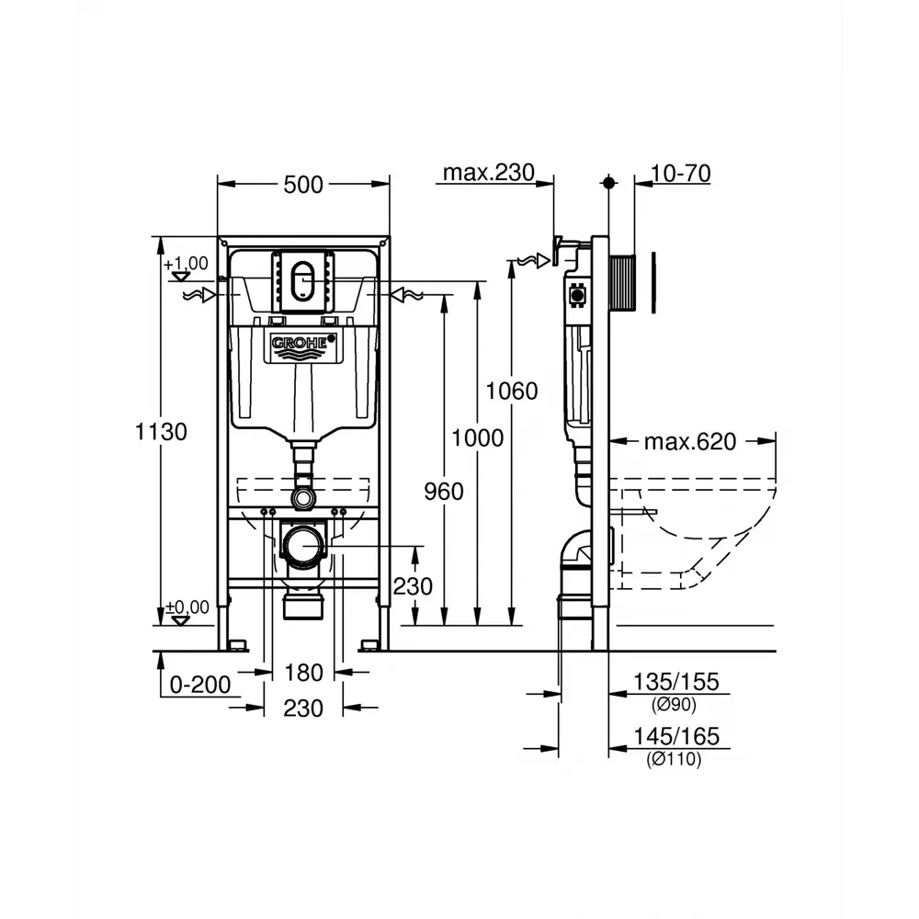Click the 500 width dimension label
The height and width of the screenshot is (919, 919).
pos(303,185)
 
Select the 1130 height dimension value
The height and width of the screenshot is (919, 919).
pos(161,432)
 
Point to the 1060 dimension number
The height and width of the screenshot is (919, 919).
pos(512,391)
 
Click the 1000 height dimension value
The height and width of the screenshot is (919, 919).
pos(477,437)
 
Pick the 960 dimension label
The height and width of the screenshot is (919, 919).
pos(444,492)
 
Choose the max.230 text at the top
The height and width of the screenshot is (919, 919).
pos(488,173)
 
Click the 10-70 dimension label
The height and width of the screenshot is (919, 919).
pos(680,174)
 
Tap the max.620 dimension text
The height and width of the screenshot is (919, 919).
pos(690,442)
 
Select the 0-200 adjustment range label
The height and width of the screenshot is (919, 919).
pos(200,685)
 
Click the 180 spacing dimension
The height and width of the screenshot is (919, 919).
pos(303,673)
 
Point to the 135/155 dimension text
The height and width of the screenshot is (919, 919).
pos(675,682)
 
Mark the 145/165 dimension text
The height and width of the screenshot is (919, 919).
pos(675,736)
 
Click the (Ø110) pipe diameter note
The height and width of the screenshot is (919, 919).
pos(674,760)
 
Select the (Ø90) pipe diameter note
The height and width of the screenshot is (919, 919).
pos(674,705)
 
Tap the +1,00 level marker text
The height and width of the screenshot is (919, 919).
pos(187,264)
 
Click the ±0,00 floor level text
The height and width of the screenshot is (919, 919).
pos(187,607)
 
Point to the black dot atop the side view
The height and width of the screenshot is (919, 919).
pos(608,183)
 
